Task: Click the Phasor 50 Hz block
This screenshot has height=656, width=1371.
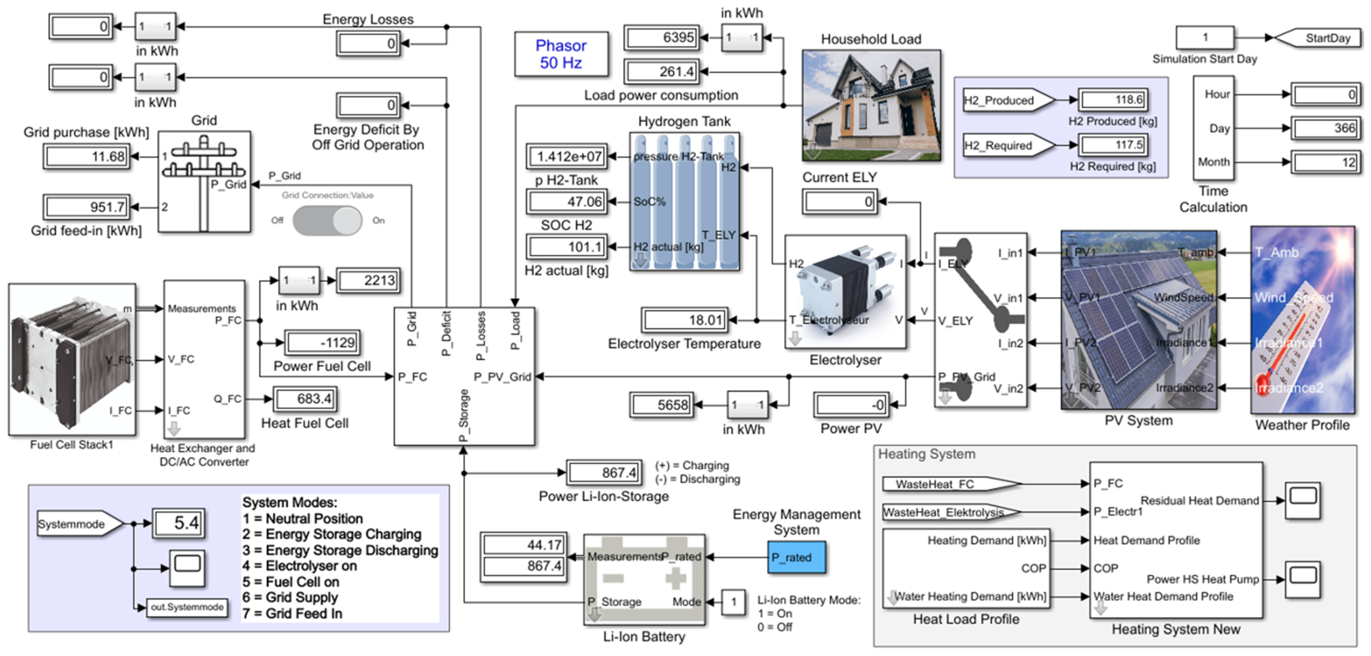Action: (561, 54)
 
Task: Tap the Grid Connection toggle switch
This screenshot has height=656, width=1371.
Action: (327, 220)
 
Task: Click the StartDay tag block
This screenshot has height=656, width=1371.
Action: (1319, 38)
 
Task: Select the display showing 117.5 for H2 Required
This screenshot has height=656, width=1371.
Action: (1113, 145)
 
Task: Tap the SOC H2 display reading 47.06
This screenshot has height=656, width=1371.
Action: (566, 202)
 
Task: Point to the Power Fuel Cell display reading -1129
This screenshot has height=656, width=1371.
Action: (322, 342)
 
